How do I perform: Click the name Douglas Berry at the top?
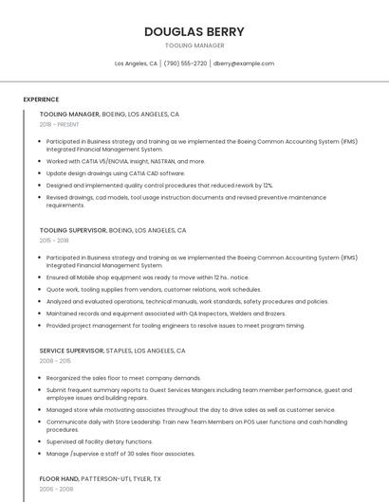point(194,31)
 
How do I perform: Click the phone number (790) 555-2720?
point(185,63)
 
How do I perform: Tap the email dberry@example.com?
point(244,63)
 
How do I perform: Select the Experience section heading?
point(41,99)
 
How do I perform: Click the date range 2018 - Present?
point(60,124)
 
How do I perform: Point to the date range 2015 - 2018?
point(54,241)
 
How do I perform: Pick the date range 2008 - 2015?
point(55,361)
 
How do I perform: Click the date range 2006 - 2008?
point(55,490)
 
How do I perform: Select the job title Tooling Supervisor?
point(72,230)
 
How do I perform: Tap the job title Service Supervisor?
point(71,350)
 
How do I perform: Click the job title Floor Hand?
point(59,479)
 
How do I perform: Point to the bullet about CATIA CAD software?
point(116,173)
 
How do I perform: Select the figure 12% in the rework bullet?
point(268,186)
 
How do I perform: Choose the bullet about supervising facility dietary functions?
point(100,441)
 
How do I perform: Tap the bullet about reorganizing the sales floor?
point(123,377)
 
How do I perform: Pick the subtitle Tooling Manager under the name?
point(194,45)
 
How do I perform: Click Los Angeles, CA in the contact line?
point(136,63)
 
